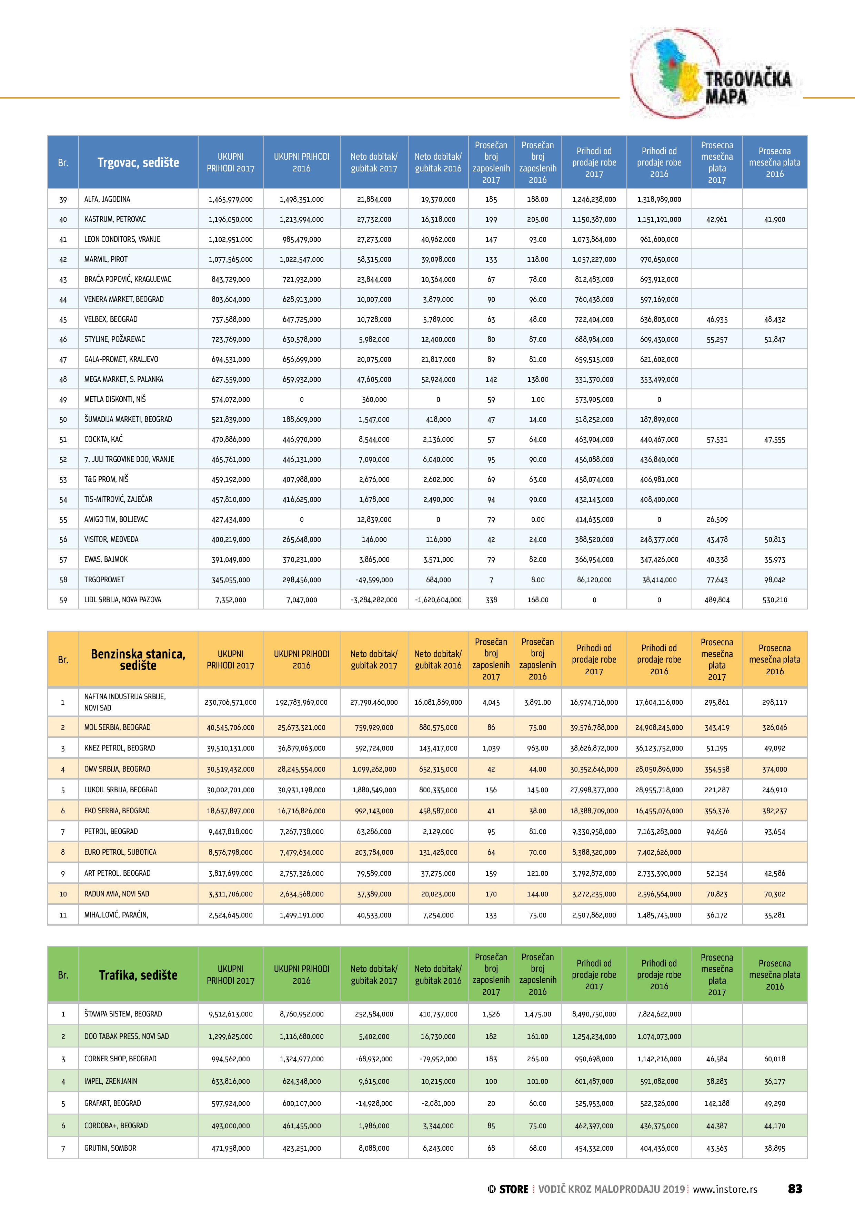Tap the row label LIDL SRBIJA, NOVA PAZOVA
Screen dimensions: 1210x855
[122, 600]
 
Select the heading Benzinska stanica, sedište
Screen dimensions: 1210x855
[138, 659]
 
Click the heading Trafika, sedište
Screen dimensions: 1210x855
[138, 975]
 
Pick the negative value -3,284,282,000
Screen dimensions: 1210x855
[374, 600]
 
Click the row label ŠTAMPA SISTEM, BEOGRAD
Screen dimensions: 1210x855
[123, 1014]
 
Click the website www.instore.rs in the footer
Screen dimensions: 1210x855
[725, 1189]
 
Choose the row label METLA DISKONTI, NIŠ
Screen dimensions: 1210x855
[115, 399]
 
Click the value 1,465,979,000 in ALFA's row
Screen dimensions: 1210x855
[230, 200]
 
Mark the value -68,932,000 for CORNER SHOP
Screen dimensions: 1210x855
[374, 1059]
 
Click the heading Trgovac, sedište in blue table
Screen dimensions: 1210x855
[138, 162]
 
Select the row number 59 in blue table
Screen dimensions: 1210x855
[63, 600]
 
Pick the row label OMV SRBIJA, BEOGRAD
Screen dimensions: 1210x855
[117, 769]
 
